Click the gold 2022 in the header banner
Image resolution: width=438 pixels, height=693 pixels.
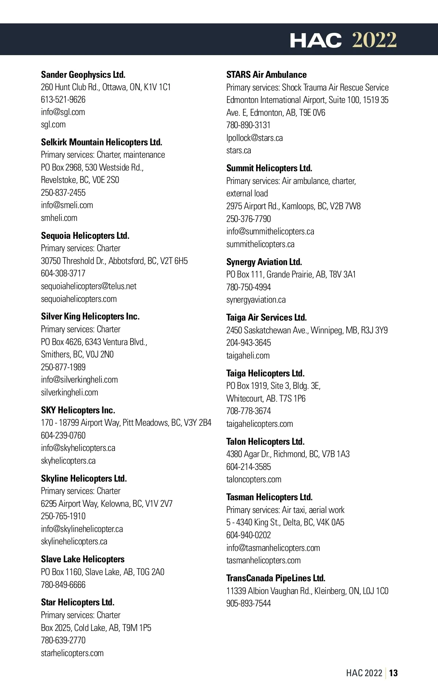click(374, 40)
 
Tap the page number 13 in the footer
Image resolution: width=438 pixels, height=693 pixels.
click(393, 673)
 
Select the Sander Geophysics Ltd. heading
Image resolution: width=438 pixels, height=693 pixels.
click(83, 74)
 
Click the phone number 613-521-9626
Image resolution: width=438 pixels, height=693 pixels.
click(63, 100)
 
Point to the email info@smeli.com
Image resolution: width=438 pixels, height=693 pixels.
click(67, 205)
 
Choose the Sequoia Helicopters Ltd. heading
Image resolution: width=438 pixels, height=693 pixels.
click(85, 236)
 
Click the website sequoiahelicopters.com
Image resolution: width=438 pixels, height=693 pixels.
click(79, 299)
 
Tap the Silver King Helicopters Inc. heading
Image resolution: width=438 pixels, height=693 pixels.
click(90, 316)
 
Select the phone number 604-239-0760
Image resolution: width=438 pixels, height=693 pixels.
click(63, 436)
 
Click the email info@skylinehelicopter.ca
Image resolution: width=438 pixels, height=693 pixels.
click(82, 529)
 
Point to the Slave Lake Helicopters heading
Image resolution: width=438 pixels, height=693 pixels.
click(82, 559)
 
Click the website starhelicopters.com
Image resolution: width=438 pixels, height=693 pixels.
click(72, 653)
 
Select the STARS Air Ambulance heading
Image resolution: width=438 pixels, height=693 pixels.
click(266, 74)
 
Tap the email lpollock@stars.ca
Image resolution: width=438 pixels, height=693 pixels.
click(254, 138)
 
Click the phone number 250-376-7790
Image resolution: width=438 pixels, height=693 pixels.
click(249, 219)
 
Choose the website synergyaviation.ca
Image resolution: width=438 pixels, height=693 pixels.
click(256, 300)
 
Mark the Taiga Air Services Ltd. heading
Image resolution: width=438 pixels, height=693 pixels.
click(266, 317)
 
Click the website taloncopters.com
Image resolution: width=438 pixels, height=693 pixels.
click(254, 479)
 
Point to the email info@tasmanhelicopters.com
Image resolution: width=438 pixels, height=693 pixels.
click(273, 548)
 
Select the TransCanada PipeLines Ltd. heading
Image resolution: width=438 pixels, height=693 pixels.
click(276, 578)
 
